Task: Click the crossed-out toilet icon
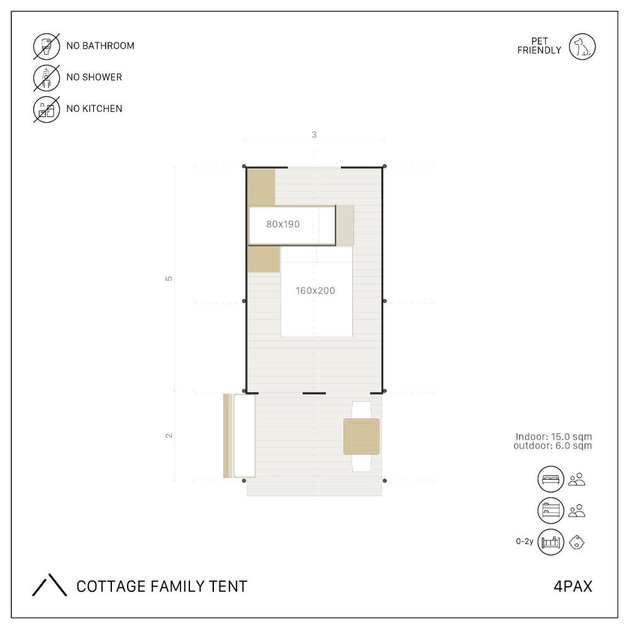pyautogui.click(x=47, y=47)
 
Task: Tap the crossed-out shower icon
pyautogui.click(x=47, y=78)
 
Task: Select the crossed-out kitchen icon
pyautogui.click(x=47, y=109)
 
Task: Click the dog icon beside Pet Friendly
pyautogui.click(x=582, y=47)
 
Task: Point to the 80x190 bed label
pyautogui.click(x=283, y=225)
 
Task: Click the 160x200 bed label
pyautogui.click(x=315, y=291)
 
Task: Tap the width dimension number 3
pyautogui.click(x=314, y=135)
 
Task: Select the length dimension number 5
pyautogui.click(x=169, y=279)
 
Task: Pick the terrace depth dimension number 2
pyautogui.click(x=169, y=435)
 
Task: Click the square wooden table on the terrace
pyautogui.click(x=362, y=437)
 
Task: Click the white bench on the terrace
pyautogui.click(x=244, y=436)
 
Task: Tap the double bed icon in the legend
pyautogui.click(x=551, y=479)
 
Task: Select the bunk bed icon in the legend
pyautogui.click(x=551, y=511)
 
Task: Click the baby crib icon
pyautogui.click(x=551, y=542)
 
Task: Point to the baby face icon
pyautogui.click(x=577, y=542)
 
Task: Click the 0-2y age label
pyautogui.click(x=525, y=542)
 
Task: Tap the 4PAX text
pyautogui.click(x=573, y=586)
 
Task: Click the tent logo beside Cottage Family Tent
pyautogui.click(x=49, y=585)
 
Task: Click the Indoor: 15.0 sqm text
pyautogui.click(x=554, y=437)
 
